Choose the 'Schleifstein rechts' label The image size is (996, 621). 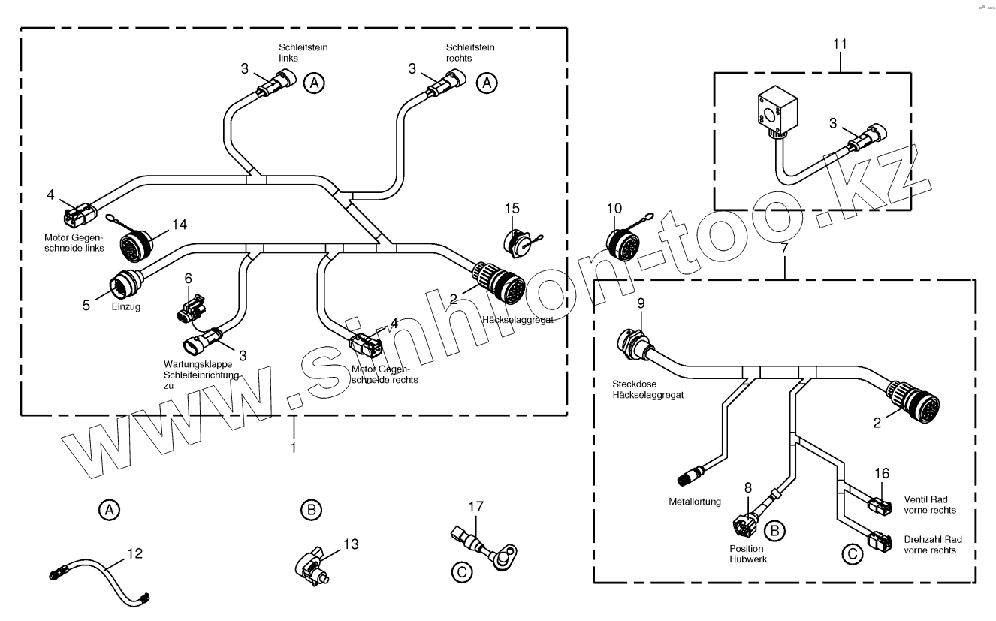click(x=460, y=52)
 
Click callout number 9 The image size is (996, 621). click(x=640, y=303)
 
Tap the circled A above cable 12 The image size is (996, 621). click(x=110, y=510)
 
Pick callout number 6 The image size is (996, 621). click(x=188, y=277)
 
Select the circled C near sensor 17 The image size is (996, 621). click(x=463, y=573)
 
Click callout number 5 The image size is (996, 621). click(x=87, y=305)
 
